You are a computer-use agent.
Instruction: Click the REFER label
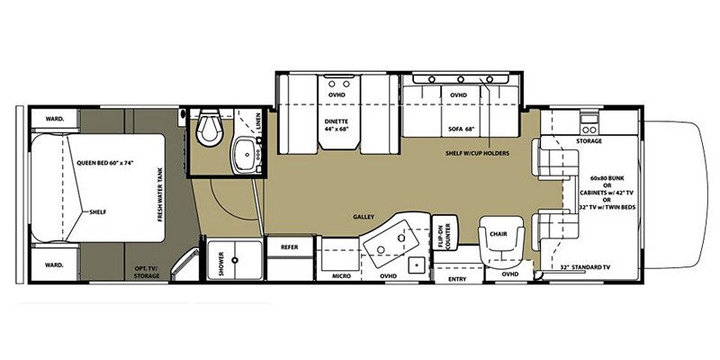point(289,246)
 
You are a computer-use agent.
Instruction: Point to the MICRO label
point(340,275)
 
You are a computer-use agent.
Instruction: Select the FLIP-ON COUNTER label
point(442,237)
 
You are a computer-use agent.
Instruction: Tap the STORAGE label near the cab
point(589,141)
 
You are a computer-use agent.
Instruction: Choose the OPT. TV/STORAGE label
point(147,273)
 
